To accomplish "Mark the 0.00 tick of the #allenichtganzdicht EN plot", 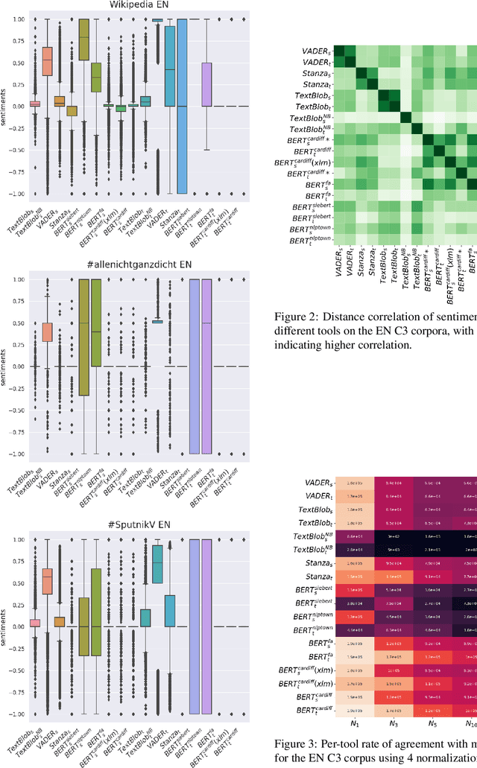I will [x=15, y=366].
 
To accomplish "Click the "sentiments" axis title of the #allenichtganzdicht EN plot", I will [x=4, y=366].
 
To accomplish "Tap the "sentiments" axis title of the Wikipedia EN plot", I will [x=4, y=106].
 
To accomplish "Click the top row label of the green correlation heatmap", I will [x=316, y=51].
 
